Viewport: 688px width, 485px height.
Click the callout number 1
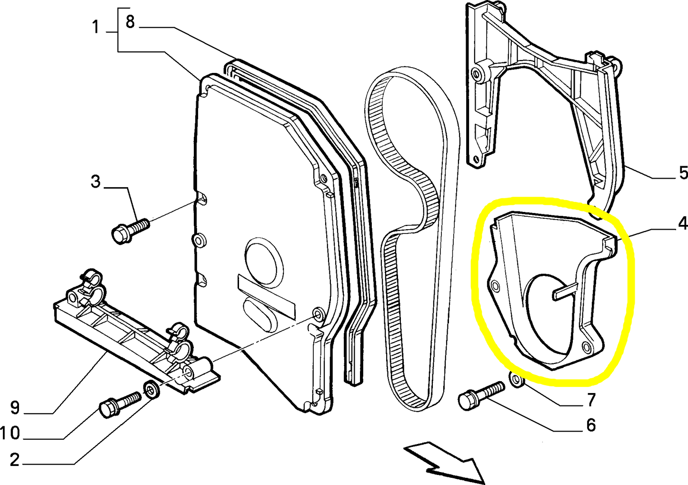[x=96, y=27]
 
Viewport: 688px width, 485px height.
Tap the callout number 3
[x=96, y=182]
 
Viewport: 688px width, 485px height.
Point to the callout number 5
[x=683, y=173]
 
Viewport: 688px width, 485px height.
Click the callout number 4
[x=682, y=223]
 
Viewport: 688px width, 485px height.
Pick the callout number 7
[x=590, y=400]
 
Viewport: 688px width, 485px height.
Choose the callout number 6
[x=590, y=424]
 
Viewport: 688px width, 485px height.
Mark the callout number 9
[x=15, y=407]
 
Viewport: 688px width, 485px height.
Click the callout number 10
[x=10, y=433]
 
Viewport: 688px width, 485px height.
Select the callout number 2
[x=15, y=460]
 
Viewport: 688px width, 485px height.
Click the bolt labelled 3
[x=129, y=229]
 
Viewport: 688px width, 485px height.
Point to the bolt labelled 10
[x=119, y=403]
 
